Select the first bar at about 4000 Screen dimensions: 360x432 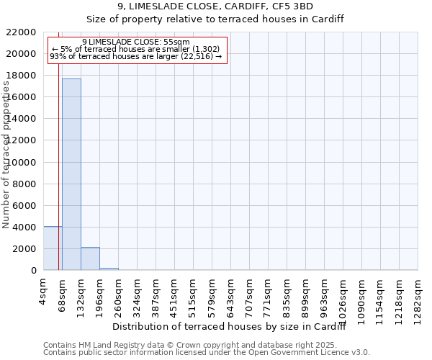53,248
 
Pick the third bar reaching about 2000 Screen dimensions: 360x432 90,258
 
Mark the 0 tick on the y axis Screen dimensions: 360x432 33,271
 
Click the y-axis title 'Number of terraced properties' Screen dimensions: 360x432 6,155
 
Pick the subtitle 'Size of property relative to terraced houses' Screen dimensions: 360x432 215,19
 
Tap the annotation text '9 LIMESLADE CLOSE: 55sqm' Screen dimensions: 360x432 136,42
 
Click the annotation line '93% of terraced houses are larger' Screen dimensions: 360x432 136,56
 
